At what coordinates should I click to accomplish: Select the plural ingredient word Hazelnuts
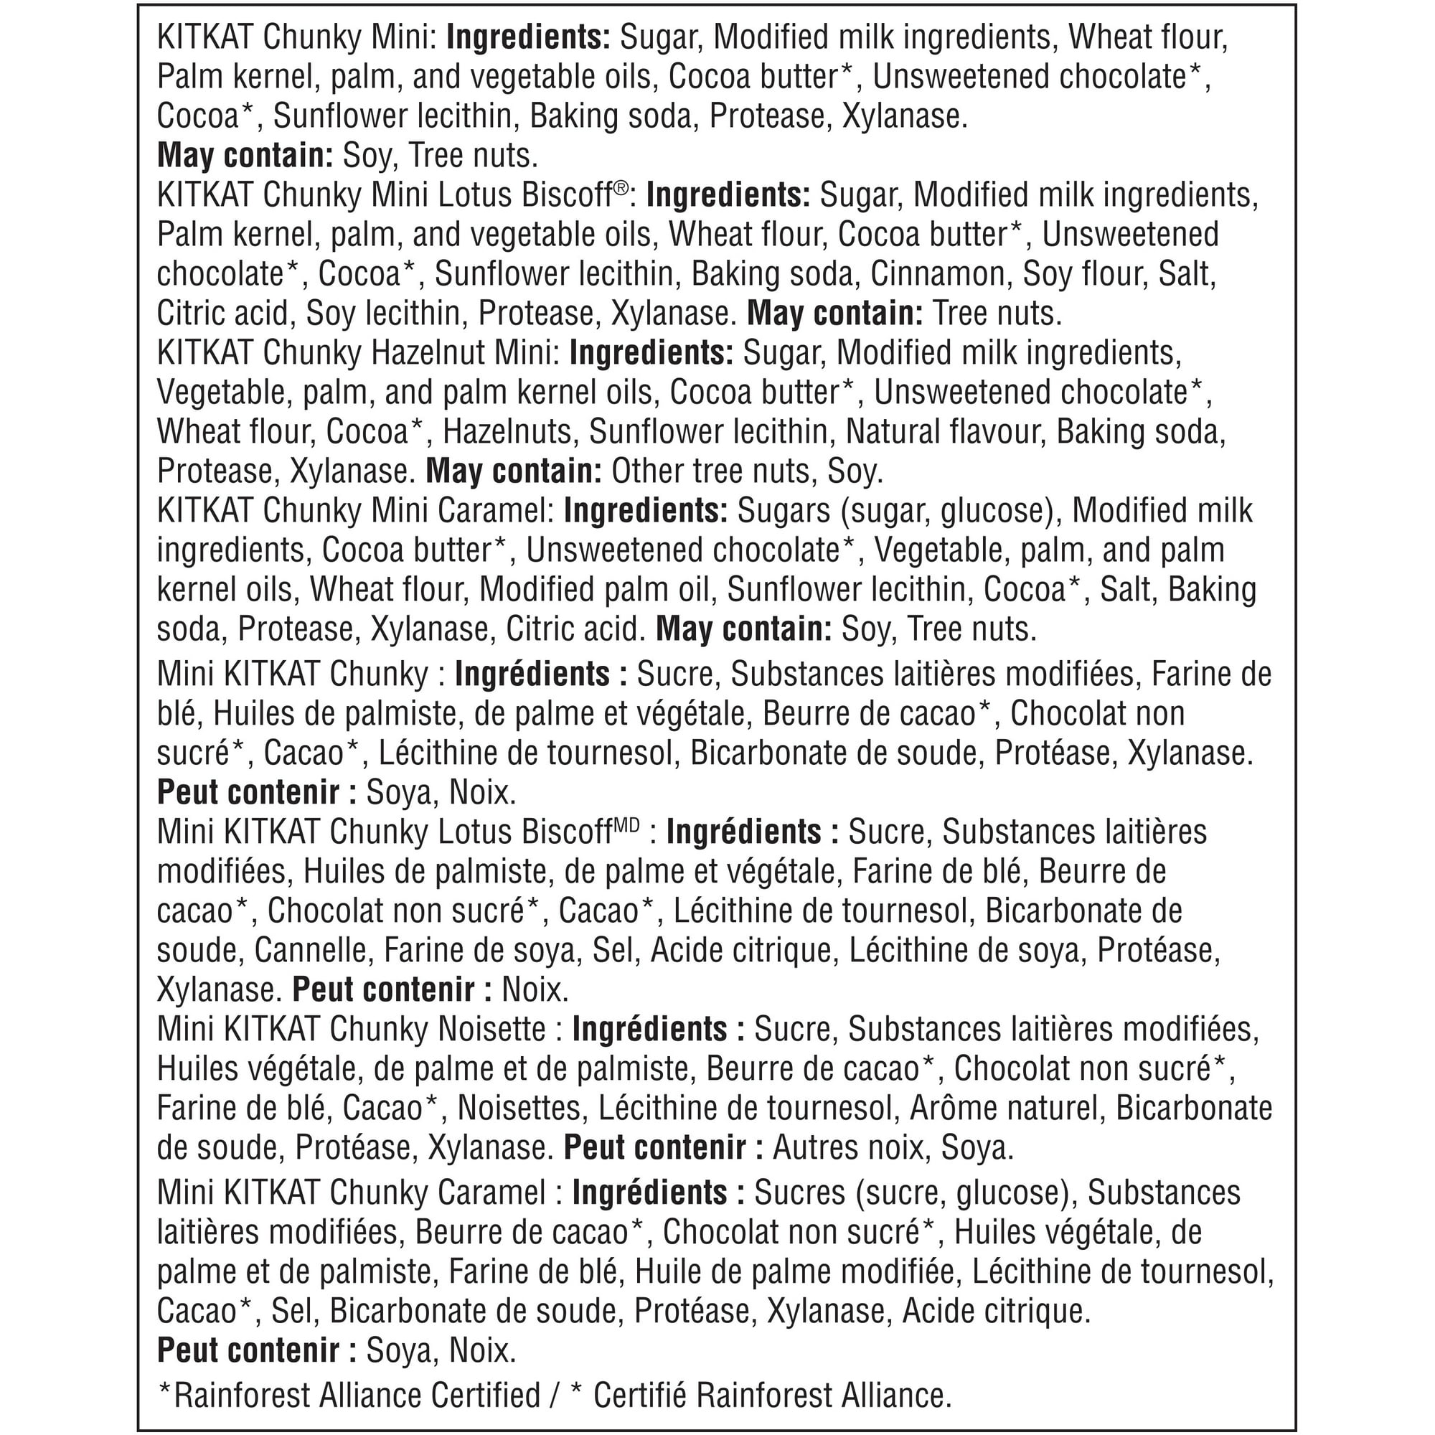[507, 432]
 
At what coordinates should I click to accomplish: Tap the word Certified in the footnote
[486, 1396]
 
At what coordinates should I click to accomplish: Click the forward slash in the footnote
[554, 1396]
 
